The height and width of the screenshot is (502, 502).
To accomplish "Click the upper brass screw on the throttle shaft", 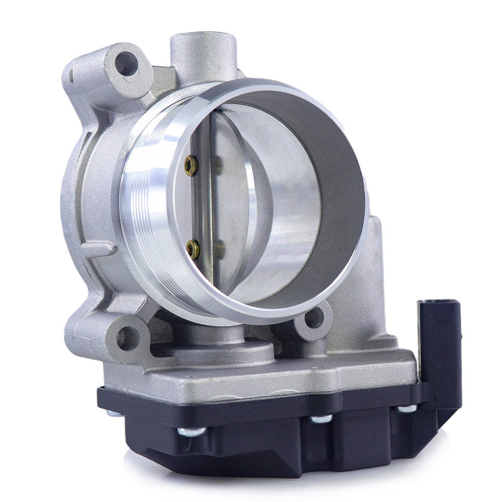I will point(190,166).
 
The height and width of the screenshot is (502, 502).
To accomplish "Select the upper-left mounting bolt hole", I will point(125,63).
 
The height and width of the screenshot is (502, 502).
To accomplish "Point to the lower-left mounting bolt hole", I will point(127,338).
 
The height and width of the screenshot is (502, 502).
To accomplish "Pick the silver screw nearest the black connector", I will point(407,409).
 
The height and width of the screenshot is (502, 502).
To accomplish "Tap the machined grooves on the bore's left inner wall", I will point(147,201).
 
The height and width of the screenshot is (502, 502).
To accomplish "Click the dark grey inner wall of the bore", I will point(333,163).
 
